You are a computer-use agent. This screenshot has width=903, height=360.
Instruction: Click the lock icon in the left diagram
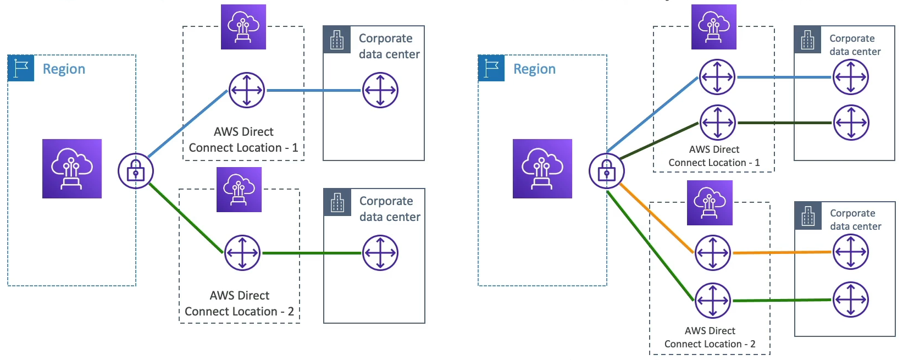coord(136,171)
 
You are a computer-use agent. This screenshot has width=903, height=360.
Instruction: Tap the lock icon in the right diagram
coord(607,171)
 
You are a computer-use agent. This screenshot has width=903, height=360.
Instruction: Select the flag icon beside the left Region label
coord(21,68)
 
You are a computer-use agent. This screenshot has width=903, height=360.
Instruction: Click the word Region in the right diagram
coord(534,69)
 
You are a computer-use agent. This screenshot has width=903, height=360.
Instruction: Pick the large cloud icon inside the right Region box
coord(542,169)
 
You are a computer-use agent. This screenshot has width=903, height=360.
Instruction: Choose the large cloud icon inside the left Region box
coord(72,169)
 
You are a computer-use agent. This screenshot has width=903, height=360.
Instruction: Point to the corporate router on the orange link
coord(851,252)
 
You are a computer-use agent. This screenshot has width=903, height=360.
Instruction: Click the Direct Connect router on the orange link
coord(713,253)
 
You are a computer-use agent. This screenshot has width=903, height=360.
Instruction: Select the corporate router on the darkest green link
coord(851,123)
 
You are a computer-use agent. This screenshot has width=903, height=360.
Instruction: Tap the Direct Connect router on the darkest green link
coord(717,123)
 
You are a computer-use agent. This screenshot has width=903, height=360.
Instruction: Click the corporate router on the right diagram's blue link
coord(851,77)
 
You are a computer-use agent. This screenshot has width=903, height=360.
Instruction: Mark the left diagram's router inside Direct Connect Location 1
coord(247,90)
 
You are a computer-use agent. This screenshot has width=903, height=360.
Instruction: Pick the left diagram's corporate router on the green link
coord(380,253)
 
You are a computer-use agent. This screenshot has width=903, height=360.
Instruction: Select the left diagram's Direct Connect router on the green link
coord(242,253)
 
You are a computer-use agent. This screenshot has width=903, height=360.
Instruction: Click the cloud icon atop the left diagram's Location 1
coord(243,27)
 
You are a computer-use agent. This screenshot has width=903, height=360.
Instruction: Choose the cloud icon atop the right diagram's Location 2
coord(710,203)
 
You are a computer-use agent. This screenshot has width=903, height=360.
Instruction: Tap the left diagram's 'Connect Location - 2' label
coord(239,312)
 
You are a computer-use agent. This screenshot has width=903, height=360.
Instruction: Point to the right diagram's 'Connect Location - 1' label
coord(714,163)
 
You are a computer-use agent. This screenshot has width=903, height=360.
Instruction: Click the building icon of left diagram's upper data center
coord(337,40)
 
